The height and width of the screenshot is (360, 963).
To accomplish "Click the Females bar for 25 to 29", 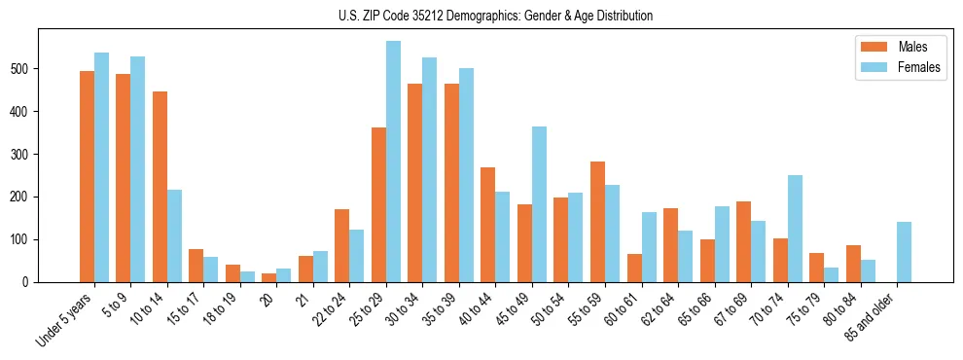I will pyautogui.click(x=393, y=162).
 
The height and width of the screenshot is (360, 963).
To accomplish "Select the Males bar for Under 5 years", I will pyautogui.click(x=87, y=176).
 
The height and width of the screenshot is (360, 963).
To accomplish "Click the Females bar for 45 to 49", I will pyautogui.click(x=539, y=204).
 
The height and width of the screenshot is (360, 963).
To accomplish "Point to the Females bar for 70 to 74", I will pyautogui.click(x=795, y=229).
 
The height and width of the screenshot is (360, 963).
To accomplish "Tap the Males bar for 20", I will pyautogui.click(x=269, y=277).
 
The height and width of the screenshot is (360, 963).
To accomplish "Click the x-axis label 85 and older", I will pyautogui.click(x=875, y=315).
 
